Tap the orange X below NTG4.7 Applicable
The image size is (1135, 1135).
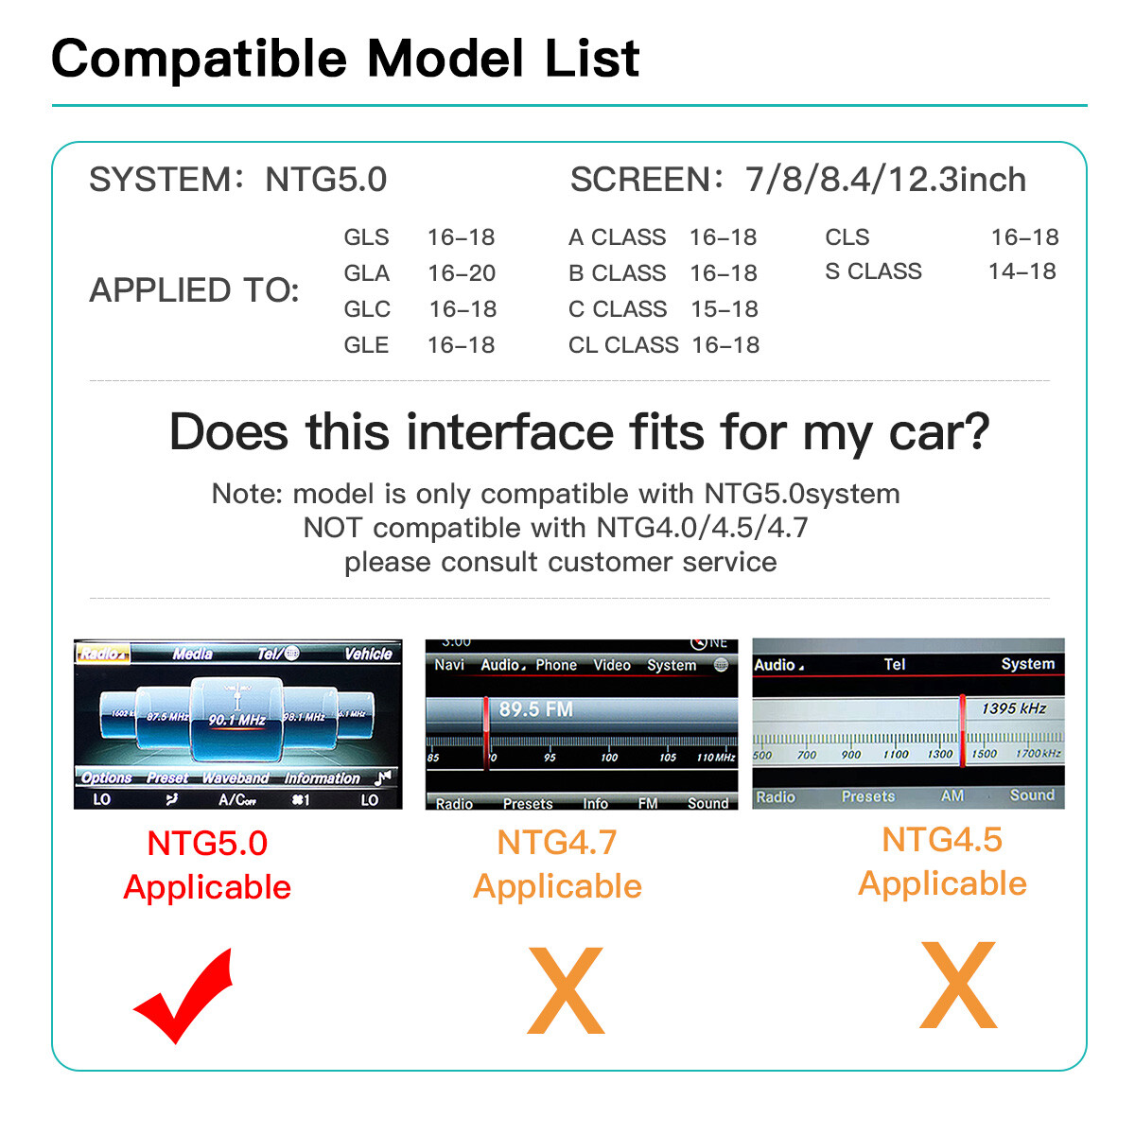(566, 990)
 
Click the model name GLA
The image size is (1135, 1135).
(367, 273)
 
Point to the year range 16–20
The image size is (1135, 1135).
(462, 273)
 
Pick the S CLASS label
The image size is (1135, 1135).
(873, 271)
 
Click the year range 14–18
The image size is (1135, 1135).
(1021, 271)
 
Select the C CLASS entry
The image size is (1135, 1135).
(618, 309)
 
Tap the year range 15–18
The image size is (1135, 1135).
(725, 309)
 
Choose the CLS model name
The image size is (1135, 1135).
(847, 237)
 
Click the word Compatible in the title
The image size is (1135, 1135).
(200, 59)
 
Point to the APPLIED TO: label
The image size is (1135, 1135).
(194, 290)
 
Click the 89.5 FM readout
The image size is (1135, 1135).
(535, 709)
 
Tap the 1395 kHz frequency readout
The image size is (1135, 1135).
(1014, 707)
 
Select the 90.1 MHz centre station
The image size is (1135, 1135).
(236, 720)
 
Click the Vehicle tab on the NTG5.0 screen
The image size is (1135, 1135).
(368, 654)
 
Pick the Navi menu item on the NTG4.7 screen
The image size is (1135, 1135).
(449, 665)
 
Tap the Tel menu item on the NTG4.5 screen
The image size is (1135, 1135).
(895, 664)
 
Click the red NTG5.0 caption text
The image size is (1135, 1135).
(207, 843)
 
